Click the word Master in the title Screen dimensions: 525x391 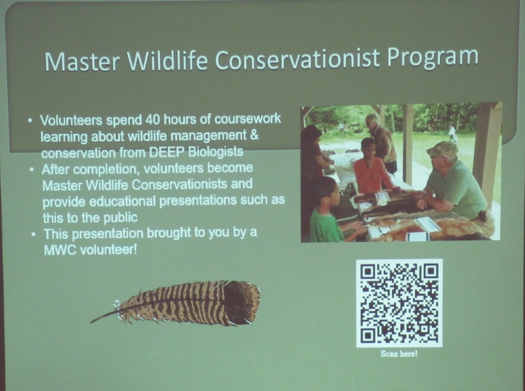(82, 62)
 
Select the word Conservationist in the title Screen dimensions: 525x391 (297, 59)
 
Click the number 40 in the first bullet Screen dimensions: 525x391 (152, 120)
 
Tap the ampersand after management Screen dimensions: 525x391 (254, 135)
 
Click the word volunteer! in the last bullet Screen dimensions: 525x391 (107, 250)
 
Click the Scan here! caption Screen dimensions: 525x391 (399, 354)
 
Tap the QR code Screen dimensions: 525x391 (399, 303)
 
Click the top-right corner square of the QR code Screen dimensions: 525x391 (431, 271)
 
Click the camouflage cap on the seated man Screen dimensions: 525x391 (443, 149)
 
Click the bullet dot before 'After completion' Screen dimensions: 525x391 (31, 169)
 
